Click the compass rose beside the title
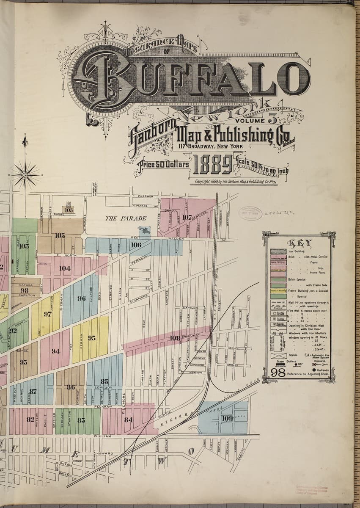coord(25,174)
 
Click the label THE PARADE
coord(126,218)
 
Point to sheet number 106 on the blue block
coord(136,245)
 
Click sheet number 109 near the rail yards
coord(227,418)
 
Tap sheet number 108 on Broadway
coord(175,338)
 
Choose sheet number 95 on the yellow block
coord(92,338)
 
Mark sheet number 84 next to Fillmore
coord(129,420)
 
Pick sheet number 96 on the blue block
coord(82,298)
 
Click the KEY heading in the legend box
coord(300,243)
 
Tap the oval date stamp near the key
coord(251,213)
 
